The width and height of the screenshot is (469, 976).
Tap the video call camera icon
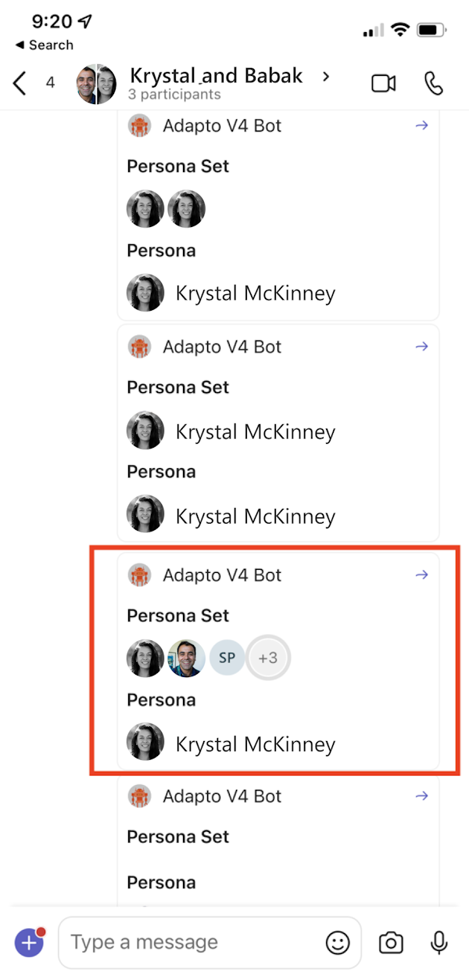(x=383, y=83)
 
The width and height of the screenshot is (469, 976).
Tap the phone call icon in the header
(x=433, y=83)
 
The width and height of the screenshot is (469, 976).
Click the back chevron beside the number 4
(x=20, y=83)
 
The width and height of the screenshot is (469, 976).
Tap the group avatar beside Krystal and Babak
(x=96, y=84)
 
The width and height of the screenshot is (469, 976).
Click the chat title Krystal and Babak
(x=216, y=75)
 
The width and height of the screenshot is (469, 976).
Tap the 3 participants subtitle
(x=174, y=95)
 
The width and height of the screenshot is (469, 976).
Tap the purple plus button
(x=29, y=943)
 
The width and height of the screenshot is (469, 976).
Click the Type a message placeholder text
(x=145, y=942)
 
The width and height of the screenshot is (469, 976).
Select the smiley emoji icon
(x=338, y=943)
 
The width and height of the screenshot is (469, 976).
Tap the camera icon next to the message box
(x=391, y=943)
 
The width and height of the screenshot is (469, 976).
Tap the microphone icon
(x=439, y=943)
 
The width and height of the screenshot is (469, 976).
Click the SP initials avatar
(x=227, y=657)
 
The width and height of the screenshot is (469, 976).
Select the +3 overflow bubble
(x=268, y=657)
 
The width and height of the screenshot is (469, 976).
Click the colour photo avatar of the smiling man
(x=186, y=658)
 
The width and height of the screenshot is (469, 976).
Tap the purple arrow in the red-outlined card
(x=421, y=574)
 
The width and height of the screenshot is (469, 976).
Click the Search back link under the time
(x=45, y=45)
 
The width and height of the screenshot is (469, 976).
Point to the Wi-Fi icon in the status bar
(x=400, y=30)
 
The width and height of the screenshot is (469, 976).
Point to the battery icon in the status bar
(x=431, y=30)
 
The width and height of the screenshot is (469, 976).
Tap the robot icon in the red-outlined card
(x=139, y=574)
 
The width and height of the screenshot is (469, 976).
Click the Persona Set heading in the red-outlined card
(x=177, y=616)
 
